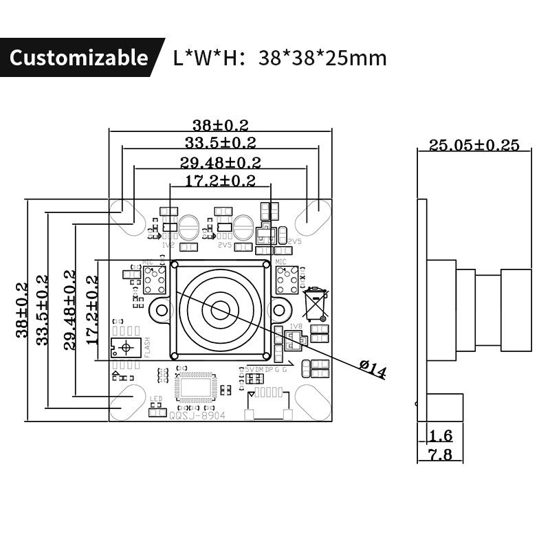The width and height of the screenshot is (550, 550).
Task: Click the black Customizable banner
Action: [78, 58]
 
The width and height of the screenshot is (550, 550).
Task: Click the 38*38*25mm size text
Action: [322, 58]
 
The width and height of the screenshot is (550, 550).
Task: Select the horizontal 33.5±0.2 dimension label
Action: [220, 143]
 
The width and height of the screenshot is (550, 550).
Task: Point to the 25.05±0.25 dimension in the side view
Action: [474, 145]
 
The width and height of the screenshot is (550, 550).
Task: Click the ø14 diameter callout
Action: [373, 370]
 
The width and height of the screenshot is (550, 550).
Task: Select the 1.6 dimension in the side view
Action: [440, 435]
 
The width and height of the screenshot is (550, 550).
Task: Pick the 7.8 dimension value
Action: [440, 454]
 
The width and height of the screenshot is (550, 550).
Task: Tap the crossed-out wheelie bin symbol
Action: [316, 303]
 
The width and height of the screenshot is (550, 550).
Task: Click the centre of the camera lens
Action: [220, 310]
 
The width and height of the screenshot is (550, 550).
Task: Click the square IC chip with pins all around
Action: [197, 386]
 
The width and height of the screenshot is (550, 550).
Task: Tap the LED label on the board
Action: [155, 399]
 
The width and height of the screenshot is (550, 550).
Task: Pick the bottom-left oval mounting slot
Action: [126, 403]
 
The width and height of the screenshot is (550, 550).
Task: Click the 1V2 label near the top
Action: [168, 245]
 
